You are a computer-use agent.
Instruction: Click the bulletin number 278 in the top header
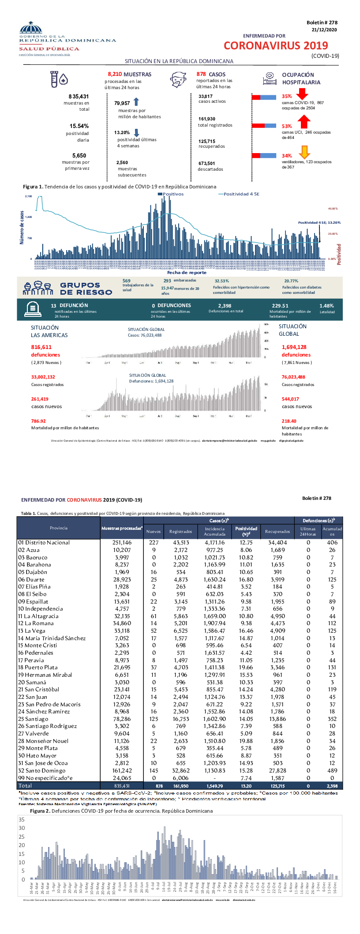click(322, 23)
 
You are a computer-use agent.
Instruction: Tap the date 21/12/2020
click(324, 30)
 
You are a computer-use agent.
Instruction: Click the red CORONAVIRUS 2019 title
click(276, 45)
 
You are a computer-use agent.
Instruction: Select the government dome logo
click(31, 29)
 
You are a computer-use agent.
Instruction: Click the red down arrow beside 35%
click(302, 94)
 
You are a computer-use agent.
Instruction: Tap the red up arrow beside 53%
click(304, 121)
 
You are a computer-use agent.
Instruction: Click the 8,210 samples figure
click(115, 74)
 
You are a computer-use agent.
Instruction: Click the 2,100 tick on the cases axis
click(28, 196)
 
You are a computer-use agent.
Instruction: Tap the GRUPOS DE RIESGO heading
click(86, 289)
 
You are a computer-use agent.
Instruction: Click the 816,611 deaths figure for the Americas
click(41, 347)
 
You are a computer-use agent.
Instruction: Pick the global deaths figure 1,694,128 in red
click(294, 347)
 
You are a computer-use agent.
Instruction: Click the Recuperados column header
click(277, 531)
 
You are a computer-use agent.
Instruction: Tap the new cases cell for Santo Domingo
click(154, 770)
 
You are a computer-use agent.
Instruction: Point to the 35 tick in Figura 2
click(22, 819)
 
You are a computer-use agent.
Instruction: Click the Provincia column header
click(59, 528)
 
